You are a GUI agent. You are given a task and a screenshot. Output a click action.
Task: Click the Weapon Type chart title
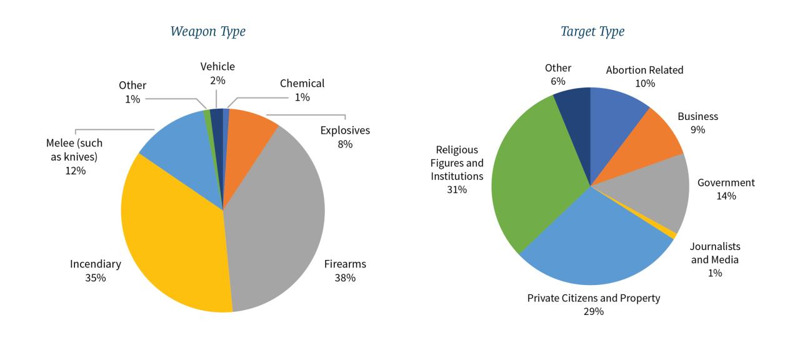(208, 31)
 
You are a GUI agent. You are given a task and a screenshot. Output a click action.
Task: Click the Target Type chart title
(592, 31)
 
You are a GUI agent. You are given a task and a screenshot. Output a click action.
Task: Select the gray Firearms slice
(278, 212)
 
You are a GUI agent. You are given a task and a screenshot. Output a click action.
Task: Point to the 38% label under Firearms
(345, 277)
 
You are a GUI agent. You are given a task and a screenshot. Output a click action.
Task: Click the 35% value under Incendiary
(96, 277)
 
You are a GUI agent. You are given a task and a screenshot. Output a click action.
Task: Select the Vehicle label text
(217, 66)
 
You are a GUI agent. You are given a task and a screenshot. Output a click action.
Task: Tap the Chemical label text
(302, 83)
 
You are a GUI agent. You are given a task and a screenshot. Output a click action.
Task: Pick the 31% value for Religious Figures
(457, 189)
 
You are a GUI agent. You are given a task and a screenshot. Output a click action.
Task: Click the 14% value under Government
(726, 196)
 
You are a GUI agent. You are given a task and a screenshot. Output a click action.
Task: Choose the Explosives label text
(345, 131)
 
